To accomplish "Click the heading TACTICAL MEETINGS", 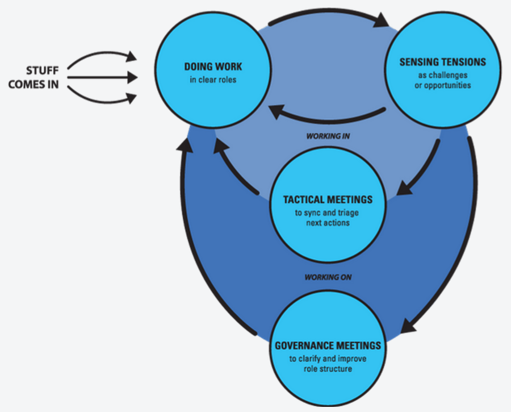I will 328,199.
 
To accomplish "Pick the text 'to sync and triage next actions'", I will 328,218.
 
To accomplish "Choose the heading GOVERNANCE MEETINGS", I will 328,346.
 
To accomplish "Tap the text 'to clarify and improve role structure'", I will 328,364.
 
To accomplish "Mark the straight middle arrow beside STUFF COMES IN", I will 102,77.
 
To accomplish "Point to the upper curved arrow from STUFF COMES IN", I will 102,57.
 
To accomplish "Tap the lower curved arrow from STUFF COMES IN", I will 102,97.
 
